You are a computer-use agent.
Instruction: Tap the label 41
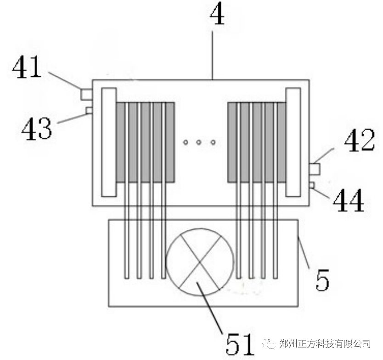(x=27, y=68)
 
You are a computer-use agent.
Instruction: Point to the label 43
(x=36, y=128)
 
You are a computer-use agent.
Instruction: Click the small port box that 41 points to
(x=86, y=94)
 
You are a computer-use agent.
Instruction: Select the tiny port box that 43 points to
(x=89, y=110)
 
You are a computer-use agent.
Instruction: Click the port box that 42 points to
(x=314, y=169)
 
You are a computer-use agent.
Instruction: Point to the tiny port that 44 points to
(x=312, y=185)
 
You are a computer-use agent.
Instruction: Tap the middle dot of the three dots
(x=199, y=143)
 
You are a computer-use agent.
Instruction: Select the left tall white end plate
(x=108, y=142)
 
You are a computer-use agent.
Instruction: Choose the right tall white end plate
(x=293, y=142)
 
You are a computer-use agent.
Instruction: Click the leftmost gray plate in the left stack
(x=121, y=142)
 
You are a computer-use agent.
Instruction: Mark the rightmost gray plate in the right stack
(x=281, y=142)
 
